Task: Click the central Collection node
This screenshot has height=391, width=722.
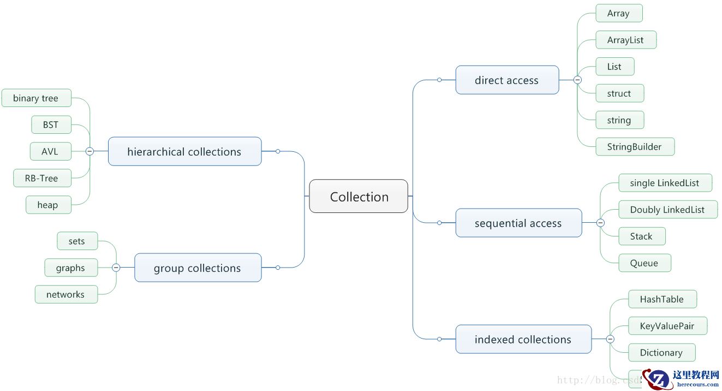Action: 359,197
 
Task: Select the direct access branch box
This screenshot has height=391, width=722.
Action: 507,80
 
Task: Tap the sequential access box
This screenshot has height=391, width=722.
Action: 518,223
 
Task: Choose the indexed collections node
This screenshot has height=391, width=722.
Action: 523,340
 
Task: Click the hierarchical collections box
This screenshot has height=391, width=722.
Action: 184,152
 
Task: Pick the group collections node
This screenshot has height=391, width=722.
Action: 198,268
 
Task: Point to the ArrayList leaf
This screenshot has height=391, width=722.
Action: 625,40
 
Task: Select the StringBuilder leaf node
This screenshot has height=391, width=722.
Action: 634,147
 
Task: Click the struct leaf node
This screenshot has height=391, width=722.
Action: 619,93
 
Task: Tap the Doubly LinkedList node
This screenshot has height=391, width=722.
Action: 667,210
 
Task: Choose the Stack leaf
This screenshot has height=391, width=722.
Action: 641,236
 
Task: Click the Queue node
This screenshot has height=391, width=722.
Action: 644,263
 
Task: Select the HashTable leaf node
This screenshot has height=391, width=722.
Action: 661,299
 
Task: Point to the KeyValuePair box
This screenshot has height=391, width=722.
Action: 667,326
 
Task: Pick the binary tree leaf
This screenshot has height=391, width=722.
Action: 36,98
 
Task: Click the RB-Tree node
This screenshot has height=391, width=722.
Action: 42,179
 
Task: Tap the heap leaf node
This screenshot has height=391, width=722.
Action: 47,205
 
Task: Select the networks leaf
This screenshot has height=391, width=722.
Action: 65,294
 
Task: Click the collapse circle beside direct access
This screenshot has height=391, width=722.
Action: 577,80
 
